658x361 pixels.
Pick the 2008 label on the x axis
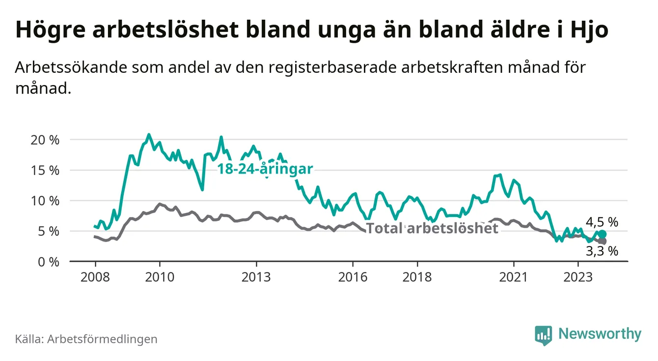coord(94,277)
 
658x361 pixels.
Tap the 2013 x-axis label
coord(256,277)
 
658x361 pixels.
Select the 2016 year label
coord(353,277)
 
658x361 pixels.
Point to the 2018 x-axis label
coord(417,277)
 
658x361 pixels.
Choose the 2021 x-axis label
coord(514,277)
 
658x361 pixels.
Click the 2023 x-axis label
coord(578,277)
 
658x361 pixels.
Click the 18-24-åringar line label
coord(265,169)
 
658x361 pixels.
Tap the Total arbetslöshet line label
coord(432,228)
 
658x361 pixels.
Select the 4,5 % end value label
coord(602,222)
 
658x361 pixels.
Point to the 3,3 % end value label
coord(602,251)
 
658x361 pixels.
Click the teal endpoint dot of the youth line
coord(602,234)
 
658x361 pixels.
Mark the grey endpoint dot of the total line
coord(602,241)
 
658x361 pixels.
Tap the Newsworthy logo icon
coord(543,335)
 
